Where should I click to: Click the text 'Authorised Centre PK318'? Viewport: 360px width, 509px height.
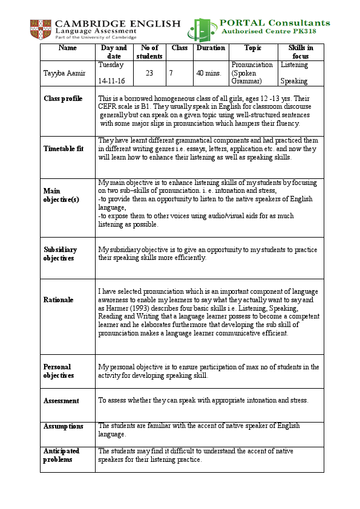point(275,31)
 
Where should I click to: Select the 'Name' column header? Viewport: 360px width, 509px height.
point(68,48)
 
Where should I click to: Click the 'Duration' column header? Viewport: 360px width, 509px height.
point(210,48)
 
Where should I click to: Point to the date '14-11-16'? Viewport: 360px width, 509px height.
point(113,80)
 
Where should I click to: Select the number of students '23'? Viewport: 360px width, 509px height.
point(150,73)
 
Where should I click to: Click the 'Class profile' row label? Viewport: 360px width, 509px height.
point(63,99)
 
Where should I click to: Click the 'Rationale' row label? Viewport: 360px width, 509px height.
point(59,300)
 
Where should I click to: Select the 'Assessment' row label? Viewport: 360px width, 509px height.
point(61,401)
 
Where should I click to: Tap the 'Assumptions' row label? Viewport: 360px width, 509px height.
point(64,426)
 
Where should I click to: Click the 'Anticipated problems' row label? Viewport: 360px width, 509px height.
point(61,455)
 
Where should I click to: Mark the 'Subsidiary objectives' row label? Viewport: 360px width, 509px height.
point(61,253)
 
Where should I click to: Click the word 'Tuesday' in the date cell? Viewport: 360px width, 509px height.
point(111,65)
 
